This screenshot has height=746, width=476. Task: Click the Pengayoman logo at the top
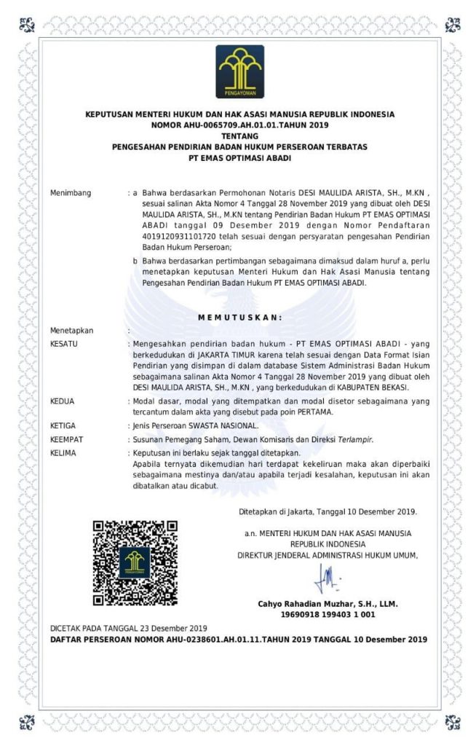tap(239, 71)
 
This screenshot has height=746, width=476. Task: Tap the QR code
tap(135, 563)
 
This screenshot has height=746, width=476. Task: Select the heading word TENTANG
tap(239, 136)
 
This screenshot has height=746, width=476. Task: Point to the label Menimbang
tap(71, 193)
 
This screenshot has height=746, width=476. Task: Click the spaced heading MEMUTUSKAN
tap(239, 317)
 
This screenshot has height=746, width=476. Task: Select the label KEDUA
tap(63, 401)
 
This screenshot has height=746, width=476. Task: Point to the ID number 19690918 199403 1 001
tap(328, 615)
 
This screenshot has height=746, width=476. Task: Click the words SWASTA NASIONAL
tap(226, 425)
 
